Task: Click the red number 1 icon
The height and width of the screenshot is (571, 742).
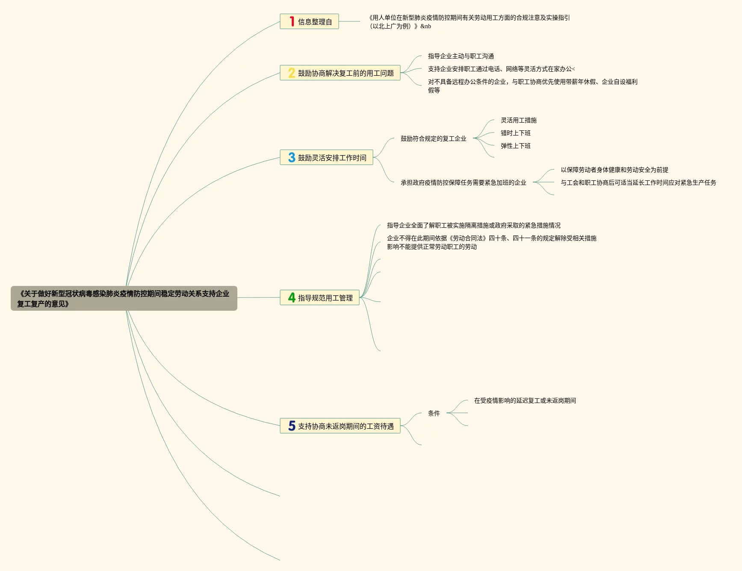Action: point(292,21)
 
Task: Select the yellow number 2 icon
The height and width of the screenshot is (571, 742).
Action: point(292,73)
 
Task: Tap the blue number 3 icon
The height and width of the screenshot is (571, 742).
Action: point(292,158)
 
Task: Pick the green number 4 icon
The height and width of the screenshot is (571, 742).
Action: point(292,297)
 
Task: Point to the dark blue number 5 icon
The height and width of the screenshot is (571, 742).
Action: point(292,426)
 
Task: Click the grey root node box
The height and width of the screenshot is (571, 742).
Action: point(124,298)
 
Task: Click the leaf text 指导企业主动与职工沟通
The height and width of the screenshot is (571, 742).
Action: point(461,56)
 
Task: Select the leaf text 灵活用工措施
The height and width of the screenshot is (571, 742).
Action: point(518,120)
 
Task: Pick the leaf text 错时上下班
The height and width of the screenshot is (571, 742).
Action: point(515,133)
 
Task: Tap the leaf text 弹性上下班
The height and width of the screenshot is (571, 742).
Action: point(515,146)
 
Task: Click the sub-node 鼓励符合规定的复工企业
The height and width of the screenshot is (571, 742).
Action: point(433,138)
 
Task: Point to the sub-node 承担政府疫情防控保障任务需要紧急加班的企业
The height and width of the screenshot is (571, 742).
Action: point(463,182)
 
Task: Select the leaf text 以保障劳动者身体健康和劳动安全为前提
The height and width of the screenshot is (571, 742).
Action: point(614,170)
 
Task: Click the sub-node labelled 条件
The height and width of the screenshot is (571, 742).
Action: point(434,413)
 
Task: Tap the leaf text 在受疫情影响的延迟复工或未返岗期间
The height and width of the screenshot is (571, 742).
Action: point(525,400)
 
